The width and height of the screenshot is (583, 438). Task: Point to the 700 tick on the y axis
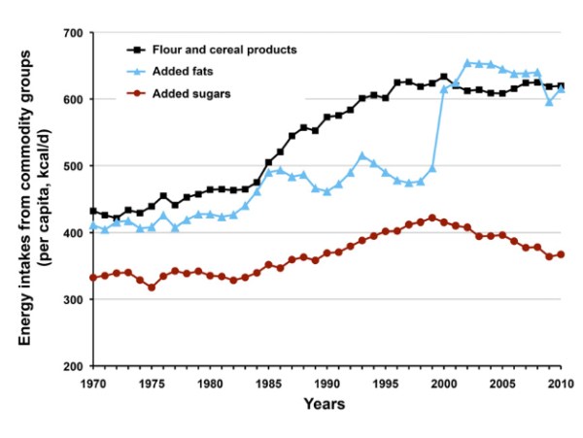pos(70,33)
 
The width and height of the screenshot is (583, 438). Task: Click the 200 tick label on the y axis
pos(70,367)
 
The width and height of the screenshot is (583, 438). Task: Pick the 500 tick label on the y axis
pos(70,166)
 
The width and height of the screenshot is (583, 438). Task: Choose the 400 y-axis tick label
pos(70,233)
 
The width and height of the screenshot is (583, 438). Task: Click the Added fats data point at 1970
pos(93,225)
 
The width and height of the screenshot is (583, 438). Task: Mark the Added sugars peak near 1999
pos(432,218)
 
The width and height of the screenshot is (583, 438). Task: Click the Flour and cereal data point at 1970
pos(93,211)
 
